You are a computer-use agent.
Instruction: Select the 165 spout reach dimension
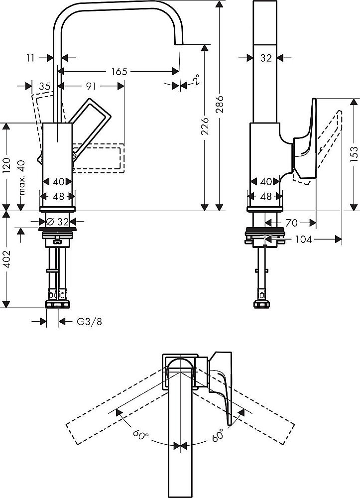pyautogui.click(x=119, y=72)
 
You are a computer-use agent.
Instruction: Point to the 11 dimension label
pyautogui.click(x=30, y=58)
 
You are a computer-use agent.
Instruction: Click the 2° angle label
pyautogui.click(x=197, y=80)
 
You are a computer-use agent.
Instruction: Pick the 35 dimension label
pyautogui.click(x=44, y=86)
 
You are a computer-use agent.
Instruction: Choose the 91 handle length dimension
pyautogui.click(x=90, y=86)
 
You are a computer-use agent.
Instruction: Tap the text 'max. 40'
pyautogui.click(x=20, y=178)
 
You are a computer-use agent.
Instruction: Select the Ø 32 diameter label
pyautogui.click(x=59, y=221)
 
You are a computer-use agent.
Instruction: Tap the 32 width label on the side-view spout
pyautogui.click(x=266, y=58)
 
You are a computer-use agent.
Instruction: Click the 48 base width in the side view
pyautogui.click(x=266, y=196)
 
